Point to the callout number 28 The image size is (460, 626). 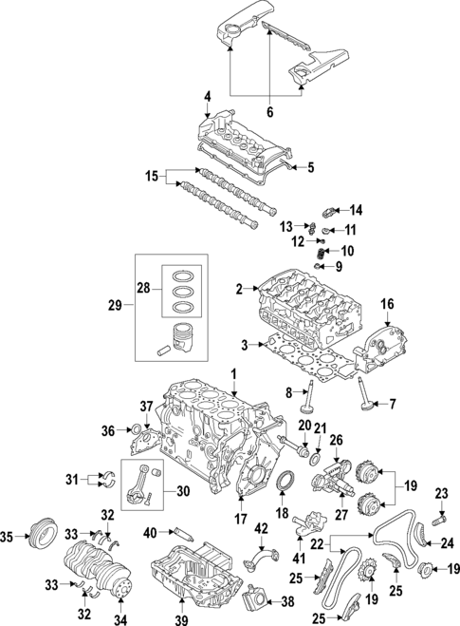pyautogui.click(x=143, y=287)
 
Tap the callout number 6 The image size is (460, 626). pyautogui.click(x=269, y=112)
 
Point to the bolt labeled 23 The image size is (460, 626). pyautogui.click(x=437, y=520)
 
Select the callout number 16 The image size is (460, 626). pyautogui.click(x=387, y=304)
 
